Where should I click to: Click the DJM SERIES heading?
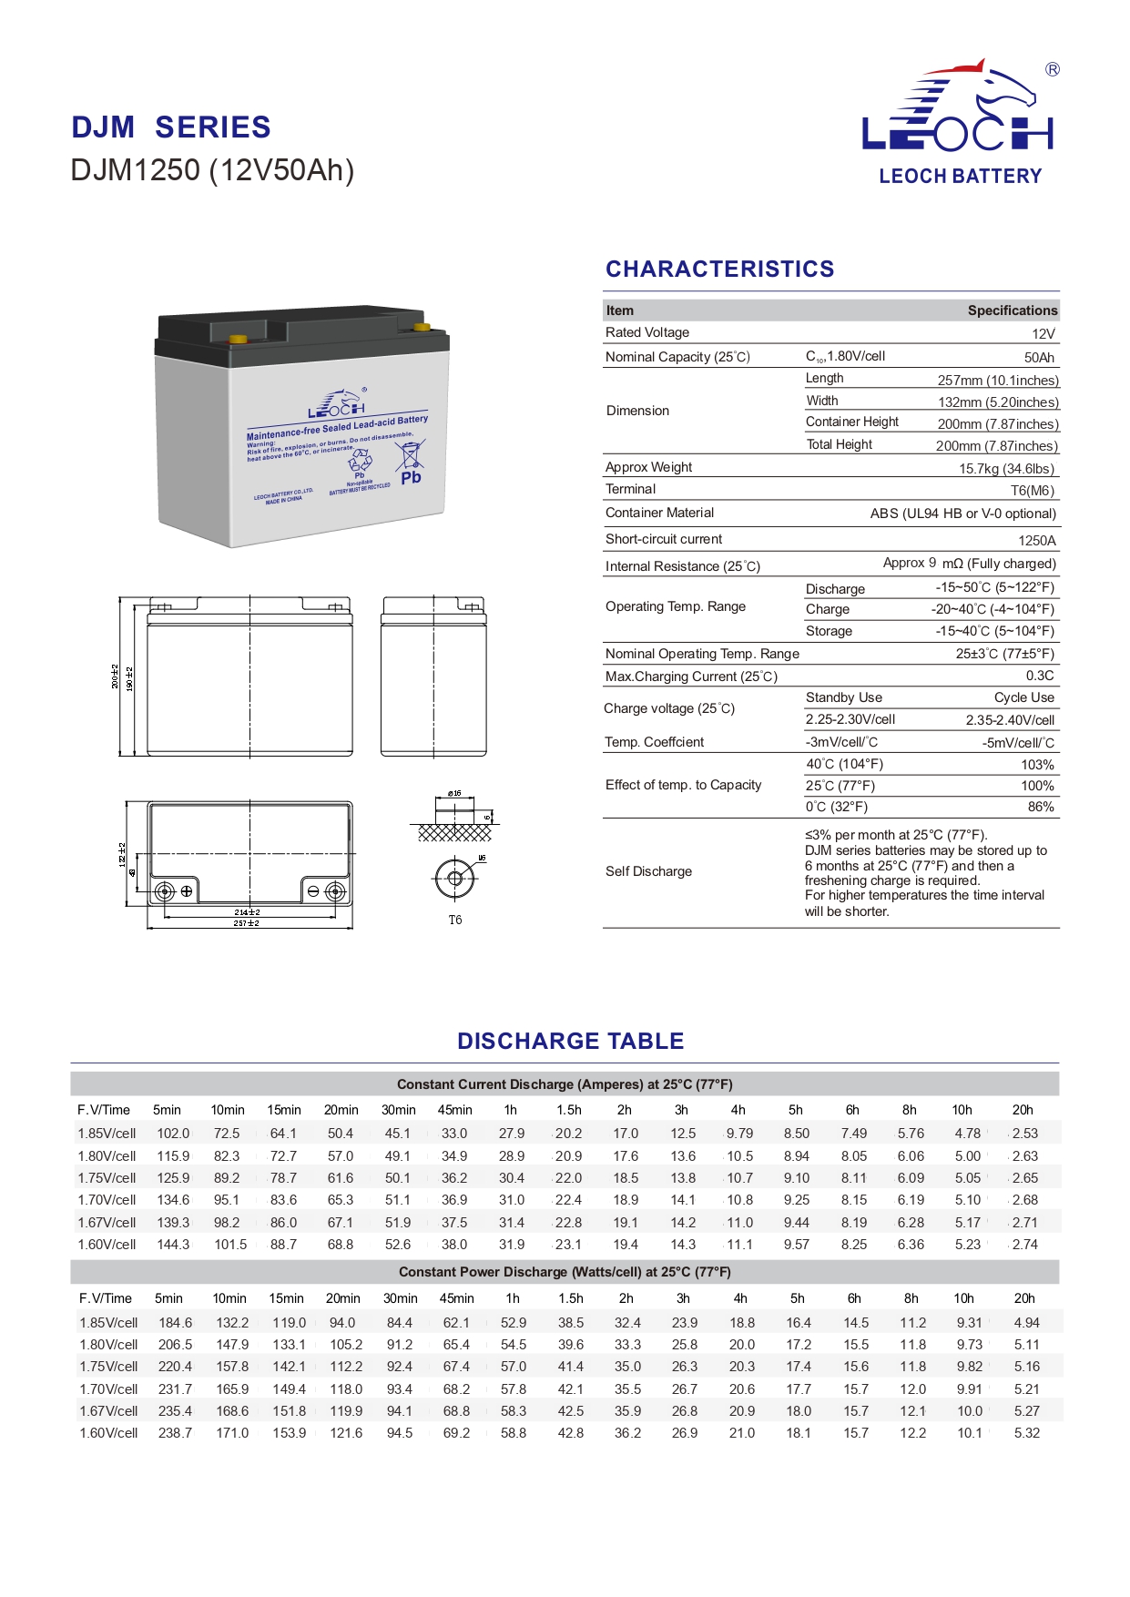coord(171,127)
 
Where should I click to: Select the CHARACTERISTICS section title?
coord(719,269)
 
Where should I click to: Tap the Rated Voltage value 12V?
coord(1043,333)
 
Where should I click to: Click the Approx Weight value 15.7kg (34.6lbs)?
coord(1006,469)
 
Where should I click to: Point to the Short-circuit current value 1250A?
coord(1036,540)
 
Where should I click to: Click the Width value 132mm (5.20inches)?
coord(998,402)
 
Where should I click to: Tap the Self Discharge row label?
coord(648,871)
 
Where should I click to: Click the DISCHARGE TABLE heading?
coord(570,1041)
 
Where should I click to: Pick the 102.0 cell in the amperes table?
coord(173,1134)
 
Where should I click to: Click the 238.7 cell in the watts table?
coord(175,1432)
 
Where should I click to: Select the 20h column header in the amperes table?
coord(1023,1110)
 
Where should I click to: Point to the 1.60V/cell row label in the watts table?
coord(108,1432)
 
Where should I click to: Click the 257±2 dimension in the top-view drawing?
coord(247,923)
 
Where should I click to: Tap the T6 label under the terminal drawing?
coord(454,920)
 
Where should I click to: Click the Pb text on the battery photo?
coord(411,477)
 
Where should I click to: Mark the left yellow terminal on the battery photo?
coord(238,340)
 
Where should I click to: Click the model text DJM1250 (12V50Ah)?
coord(212,170)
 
